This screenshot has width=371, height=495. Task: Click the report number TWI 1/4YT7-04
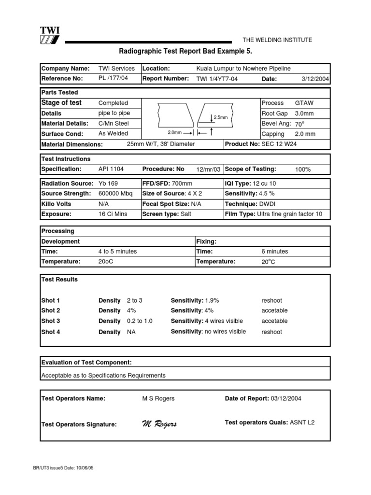[217, 79]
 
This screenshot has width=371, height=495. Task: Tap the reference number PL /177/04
[113, 78]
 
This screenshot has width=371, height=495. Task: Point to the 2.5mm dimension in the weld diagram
[220, 117]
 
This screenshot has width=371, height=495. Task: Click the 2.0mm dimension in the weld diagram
[174, 132]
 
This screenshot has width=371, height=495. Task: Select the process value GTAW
[303, 103]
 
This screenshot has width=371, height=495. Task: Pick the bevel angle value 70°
[300, 124]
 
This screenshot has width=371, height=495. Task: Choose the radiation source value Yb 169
[108, 184]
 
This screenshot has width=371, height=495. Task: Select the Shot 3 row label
[51, 321]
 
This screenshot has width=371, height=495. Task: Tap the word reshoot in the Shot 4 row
[271, 332]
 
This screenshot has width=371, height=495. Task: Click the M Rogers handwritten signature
[159, 424]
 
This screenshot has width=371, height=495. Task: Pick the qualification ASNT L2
[301, 422]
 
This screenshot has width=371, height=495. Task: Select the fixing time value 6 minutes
[274, 251]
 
